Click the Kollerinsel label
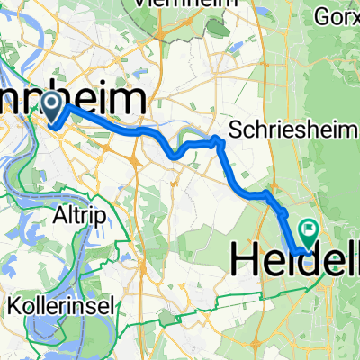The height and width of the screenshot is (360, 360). (61, 307)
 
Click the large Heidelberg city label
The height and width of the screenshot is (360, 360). (295, 259)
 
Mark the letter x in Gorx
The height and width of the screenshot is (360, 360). (354, 15)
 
